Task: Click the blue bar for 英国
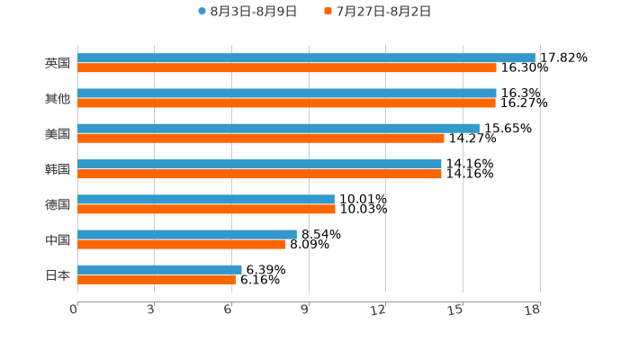tap(306, 58)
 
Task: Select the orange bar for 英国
tap(287, 68)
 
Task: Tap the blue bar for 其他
tap(287, 94)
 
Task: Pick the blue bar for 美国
tap(278, 129)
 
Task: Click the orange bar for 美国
tap(261, 139)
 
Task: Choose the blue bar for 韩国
tap(259, 164)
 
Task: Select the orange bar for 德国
tap(206, 209)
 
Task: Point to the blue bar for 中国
tap(187, 234)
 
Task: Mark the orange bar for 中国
tap(182, 244)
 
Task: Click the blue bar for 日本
tap(159, 269)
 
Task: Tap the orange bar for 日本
tap(157, 279)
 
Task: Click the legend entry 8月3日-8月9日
tap(247, 12)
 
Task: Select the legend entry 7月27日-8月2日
tap(378, 12)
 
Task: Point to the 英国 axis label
tap(58, 64)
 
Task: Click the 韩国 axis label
tap(58, 169)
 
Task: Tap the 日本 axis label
tap(58, 274)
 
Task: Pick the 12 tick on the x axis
tap(379, 310)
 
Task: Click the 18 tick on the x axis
tap(533, 310)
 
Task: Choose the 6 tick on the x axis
tap(229, 310)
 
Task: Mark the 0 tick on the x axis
tap(75, 310)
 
